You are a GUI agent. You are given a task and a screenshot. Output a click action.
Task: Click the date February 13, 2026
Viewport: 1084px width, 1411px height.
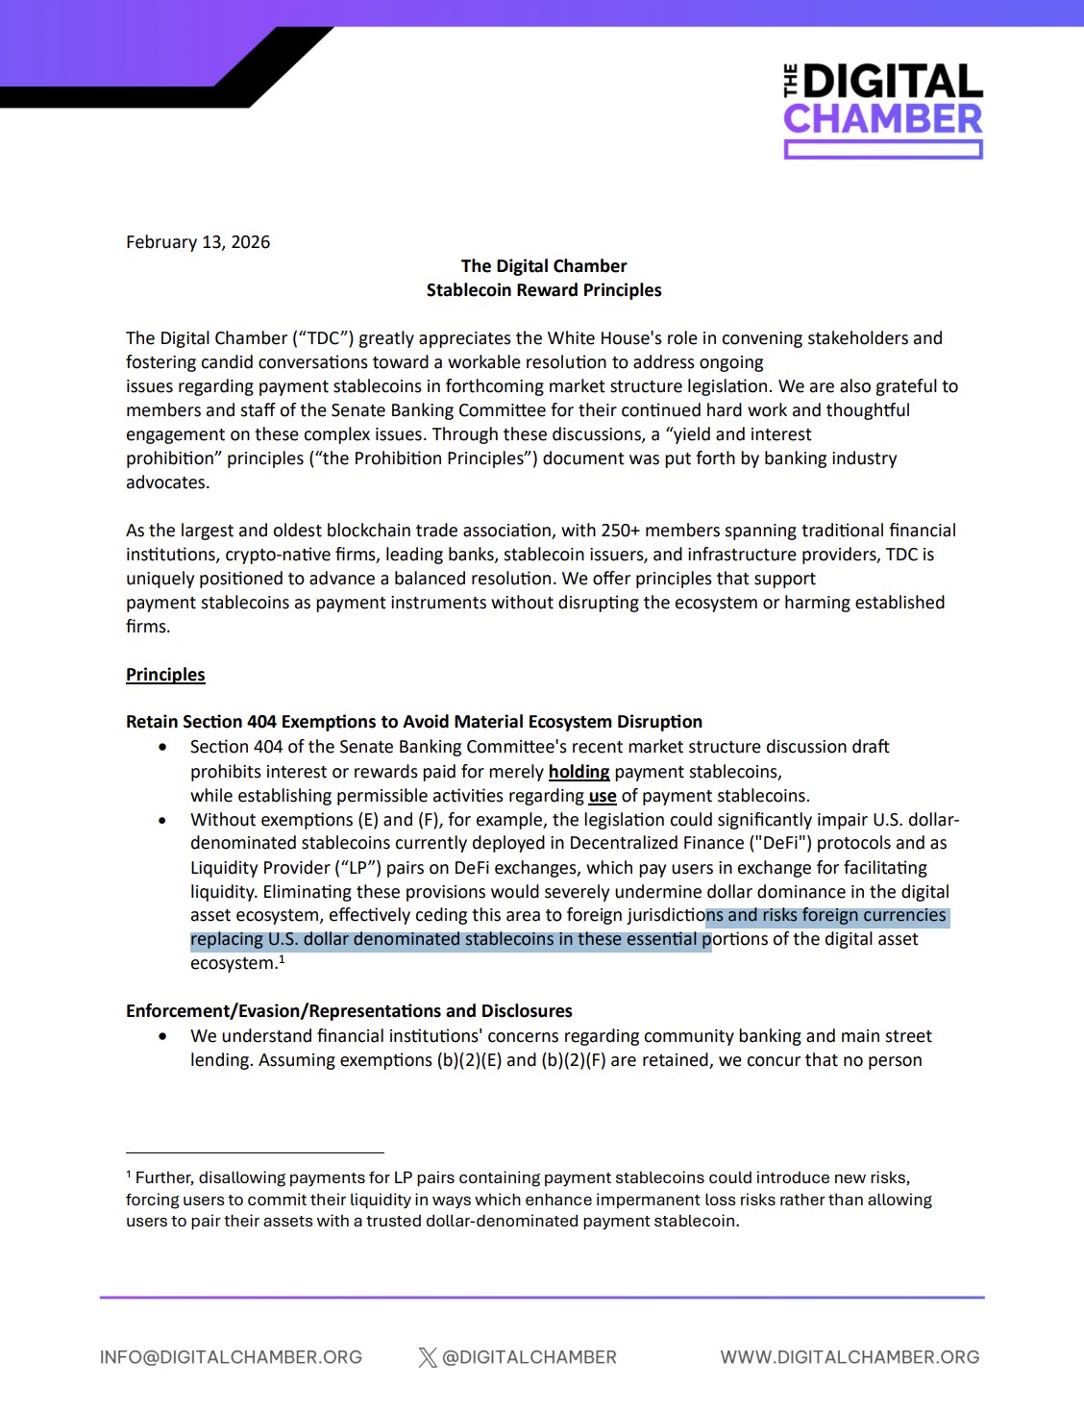198,242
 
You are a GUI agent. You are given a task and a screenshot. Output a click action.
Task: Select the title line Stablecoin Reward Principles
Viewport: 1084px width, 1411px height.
544,290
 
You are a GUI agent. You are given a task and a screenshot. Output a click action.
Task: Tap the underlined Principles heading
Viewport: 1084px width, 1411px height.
165,675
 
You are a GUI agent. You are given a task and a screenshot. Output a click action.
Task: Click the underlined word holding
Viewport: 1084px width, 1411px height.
579,772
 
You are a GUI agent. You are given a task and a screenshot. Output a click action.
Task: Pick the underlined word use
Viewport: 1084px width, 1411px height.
603,796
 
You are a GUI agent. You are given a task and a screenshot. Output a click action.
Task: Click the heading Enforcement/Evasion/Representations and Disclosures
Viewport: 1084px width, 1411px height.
349,1011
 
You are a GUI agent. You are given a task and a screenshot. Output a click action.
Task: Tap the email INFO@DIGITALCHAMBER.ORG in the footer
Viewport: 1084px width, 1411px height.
231,1357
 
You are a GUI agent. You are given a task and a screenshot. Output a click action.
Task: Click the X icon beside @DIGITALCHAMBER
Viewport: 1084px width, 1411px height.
428,1357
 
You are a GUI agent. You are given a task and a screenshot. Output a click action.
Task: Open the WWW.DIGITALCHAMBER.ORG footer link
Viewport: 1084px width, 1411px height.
850,1357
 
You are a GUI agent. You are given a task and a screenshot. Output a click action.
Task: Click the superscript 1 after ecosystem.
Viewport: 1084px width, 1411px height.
282,959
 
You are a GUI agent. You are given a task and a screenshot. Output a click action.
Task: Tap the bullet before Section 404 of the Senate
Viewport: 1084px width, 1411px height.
162,747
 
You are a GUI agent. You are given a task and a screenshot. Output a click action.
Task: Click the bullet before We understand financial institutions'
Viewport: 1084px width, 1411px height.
162,1036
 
